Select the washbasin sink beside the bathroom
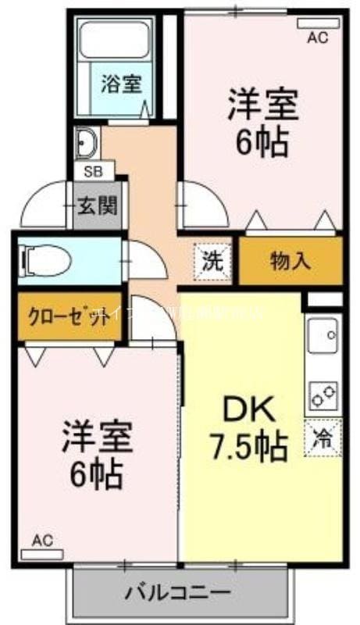click(x=85, y=143)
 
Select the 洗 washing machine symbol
click(x=212, y=260)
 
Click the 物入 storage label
click(x=290, y=261)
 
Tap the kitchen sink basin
click(x=323, y=337)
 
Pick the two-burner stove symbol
click(x=323, y=395)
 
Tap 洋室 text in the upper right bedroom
click(x=263, y=107)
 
